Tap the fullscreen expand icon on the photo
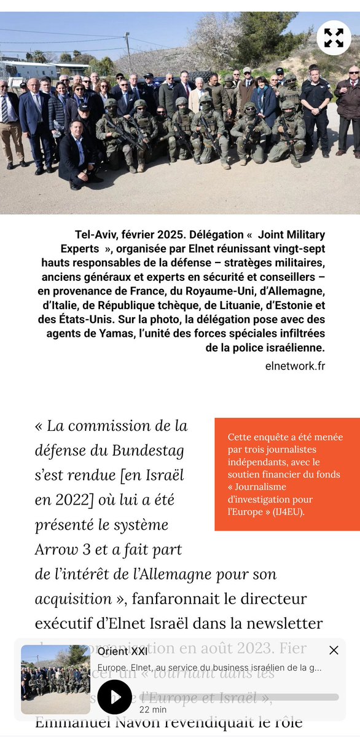tap(334, 38)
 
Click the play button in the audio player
tap(115, 697)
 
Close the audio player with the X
tap(334, 650)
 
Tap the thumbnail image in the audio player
tap(55, 679)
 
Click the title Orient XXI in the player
tap(122, 652)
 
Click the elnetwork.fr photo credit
tap(292, 366)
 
